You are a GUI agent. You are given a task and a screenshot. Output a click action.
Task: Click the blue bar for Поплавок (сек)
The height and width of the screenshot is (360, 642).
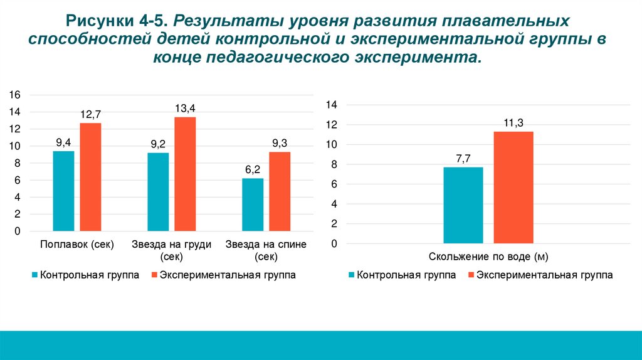click(x=63, y=191)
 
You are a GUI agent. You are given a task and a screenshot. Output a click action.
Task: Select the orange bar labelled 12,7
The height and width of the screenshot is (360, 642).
click(x=90, y=177)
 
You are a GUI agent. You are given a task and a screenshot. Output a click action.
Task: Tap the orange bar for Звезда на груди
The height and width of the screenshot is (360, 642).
click(x=185, y=174)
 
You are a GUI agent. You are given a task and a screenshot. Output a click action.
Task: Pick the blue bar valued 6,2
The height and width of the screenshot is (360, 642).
click(x=253, y=204)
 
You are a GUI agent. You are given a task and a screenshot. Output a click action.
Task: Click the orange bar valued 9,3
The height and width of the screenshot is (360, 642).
click(x=280, y=191)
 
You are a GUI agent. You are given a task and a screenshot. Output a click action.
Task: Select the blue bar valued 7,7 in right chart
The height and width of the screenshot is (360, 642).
click(x=463, y=205)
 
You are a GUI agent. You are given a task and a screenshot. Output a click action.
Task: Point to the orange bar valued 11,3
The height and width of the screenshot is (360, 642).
click(x=513, y=187)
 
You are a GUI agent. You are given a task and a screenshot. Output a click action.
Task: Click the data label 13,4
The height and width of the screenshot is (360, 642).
click(x=185, y=109)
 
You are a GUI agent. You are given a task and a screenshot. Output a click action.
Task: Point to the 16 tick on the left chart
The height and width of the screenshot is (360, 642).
click(x=14, y=95)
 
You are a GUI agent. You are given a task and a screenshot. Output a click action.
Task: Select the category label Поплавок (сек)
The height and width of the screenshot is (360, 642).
click(x=77, y=245)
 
